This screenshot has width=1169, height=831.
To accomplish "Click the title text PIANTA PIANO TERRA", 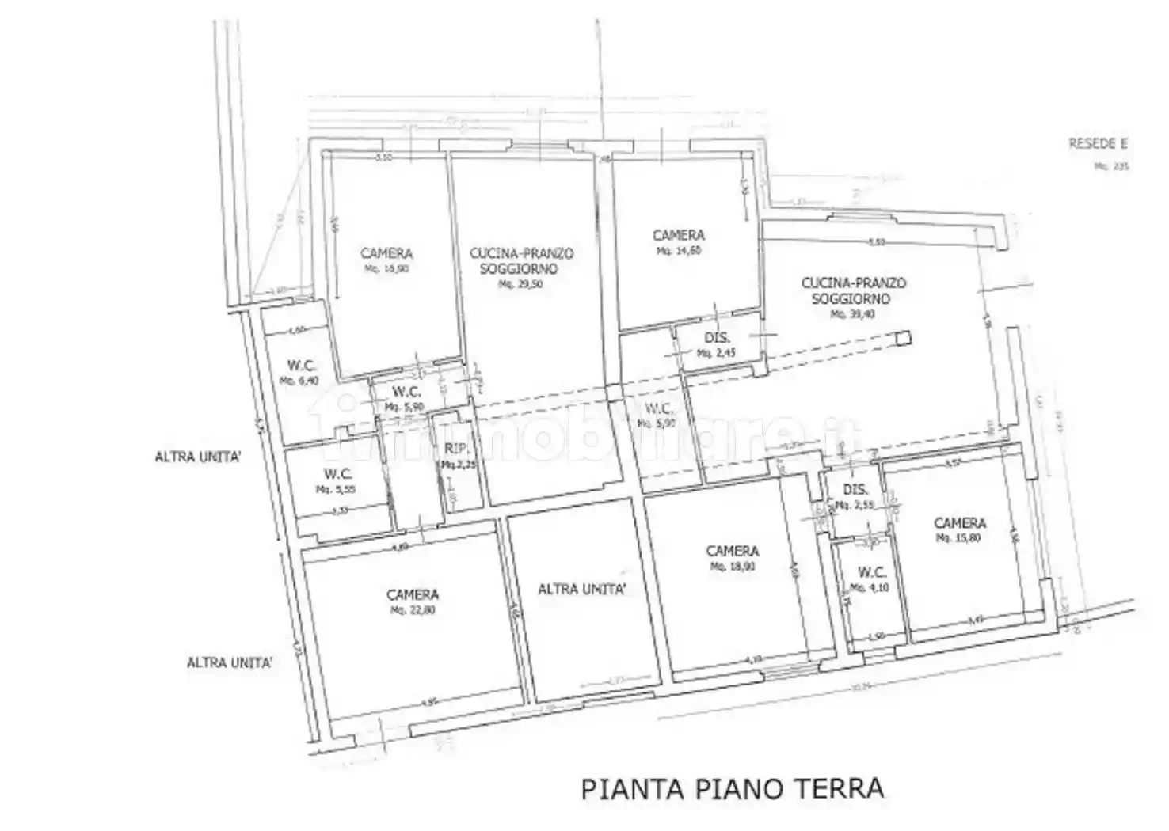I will (x=732, y=788).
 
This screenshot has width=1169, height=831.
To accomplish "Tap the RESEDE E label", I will (x=1098, y=144).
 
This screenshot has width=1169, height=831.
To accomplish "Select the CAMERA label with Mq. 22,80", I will (x=413, y=594).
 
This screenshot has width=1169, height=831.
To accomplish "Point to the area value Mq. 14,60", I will (x=678, y=251).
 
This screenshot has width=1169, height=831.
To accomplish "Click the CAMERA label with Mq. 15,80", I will (x=960, y=523).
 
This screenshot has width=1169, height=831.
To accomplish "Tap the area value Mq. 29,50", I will (x=520, y=284).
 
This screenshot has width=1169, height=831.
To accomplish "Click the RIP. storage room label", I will (x=454, y=449).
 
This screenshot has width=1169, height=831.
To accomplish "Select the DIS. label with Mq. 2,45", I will (x=717, y=339).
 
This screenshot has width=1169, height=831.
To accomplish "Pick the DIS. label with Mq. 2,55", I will (x=855, y=490).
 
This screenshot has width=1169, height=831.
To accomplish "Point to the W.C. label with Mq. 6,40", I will (x=302, y=366).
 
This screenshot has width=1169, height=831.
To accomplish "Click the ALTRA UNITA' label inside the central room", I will (x=583, y=589).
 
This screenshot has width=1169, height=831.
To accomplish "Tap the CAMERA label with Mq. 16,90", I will (x=386, y=253).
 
